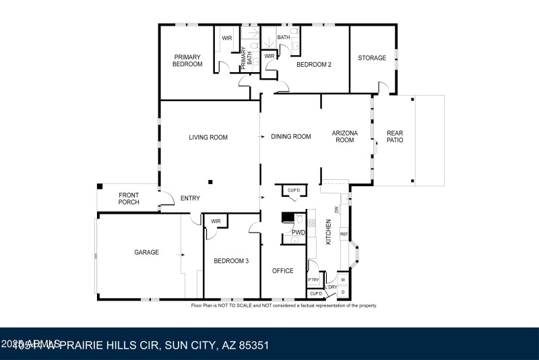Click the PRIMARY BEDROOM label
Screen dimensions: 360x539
pyautogui.click(x=188, y=61)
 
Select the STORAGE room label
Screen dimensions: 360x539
pyautogui.click(x=372, y=58)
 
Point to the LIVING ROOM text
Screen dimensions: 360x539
pyautogui.click(x=208, y=138)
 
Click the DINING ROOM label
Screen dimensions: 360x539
pyautogui.click(x=291, y=137)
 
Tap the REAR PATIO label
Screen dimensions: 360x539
pyautogui.click(x=395, y=137)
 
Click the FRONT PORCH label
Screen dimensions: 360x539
pyautogui.click(x=129, y=198)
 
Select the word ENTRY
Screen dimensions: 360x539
pyautogui.click(x=191, y=198)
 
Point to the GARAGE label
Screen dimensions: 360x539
pyautogui.click(x=146, y=252)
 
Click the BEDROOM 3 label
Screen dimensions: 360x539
pyautogui.click(x=231, y=261)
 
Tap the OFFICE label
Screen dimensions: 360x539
pyautogui.click(x=283, y=271)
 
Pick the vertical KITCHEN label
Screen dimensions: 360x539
pyautogui.click(x=329, y=232)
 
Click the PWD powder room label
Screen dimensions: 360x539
pyautogui.click(x=298, y=233)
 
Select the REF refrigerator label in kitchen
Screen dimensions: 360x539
pyautogui.click(x=344, y=235)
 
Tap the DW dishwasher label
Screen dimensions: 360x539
pyautogui.click(x=336, y=210)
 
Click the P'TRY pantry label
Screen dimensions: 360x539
pyautogui.click(x=313, y=280)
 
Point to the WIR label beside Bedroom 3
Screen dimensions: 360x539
pyautogui.click(x=216, y=221)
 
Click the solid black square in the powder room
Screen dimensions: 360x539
pyautogui.click(x=286, y=217)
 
